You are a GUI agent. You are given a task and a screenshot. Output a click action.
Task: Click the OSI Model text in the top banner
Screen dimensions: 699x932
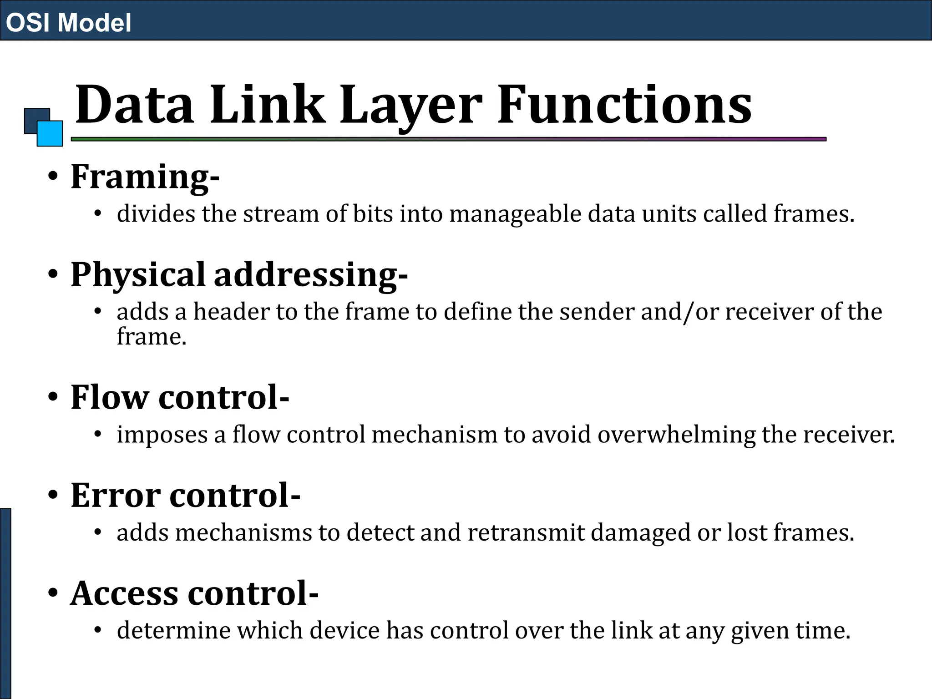pyautogui.click(x=68, y=22)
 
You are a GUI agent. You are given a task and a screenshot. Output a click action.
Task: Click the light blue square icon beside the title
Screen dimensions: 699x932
pyautogui.click(x=50, y=133)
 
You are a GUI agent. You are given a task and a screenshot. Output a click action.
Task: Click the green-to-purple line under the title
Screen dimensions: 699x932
pyautogui.click(x=448, y=139)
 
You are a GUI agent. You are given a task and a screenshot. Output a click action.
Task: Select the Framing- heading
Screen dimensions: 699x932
pyautogui.click(x=145, y=177)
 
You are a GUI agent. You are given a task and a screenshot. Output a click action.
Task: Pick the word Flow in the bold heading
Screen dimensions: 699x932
pyautogui.click(x=110, y=397)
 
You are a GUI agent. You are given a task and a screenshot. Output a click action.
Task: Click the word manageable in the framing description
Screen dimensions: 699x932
pyautogui.click(x=515, y=214)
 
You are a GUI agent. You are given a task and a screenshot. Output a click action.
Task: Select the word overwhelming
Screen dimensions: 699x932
pyautogui.click(x=676, y=435)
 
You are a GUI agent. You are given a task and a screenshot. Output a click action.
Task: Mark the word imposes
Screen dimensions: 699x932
pyautogui.click(x=162, y=435)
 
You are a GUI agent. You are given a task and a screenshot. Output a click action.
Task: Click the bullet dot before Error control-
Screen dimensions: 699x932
pyautogui.click(x=53, y=495)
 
